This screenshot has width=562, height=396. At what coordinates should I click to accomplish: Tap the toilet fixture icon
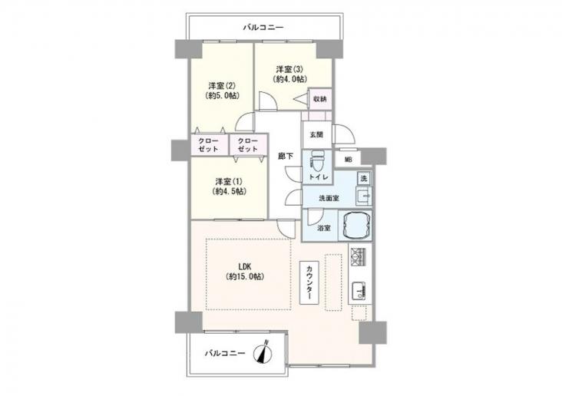(317, 162)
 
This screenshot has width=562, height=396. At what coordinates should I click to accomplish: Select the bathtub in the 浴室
(355, 226)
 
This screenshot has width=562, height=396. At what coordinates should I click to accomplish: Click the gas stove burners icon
(358, 256)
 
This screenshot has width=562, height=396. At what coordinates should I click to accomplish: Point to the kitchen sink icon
(359, 291)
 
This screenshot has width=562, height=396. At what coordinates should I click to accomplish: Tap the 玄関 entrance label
(316, 135)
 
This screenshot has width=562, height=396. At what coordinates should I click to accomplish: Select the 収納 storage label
(319, 99)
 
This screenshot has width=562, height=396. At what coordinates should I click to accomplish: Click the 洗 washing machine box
(364, 179)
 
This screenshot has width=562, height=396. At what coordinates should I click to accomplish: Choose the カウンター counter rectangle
(309, 282)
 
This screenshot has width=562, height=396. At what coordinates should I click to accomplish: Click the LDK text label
(244, 267)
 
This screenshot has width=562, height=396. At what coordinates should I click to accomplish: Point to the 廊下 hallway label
(286, 157)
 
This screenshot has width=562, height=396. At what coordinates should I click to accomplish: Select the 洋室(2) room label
(222, 86)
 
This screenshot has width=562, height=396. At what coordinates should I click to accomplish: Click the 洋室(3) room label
(289, 69)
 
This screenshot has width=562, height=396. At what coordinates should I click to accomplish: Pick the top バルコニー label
(263, 28)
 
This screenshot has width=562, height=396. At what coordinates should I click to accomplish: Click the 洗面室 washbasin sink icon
(364, 196)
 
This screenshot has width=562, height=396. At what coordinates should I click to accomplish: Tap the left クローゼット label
(209, 145)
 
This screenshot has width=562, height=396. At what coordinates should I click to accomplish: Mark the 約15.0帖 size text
(245, 276)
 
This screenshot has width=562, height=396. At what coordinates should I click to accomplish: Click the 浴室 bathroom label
(324, 228)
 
